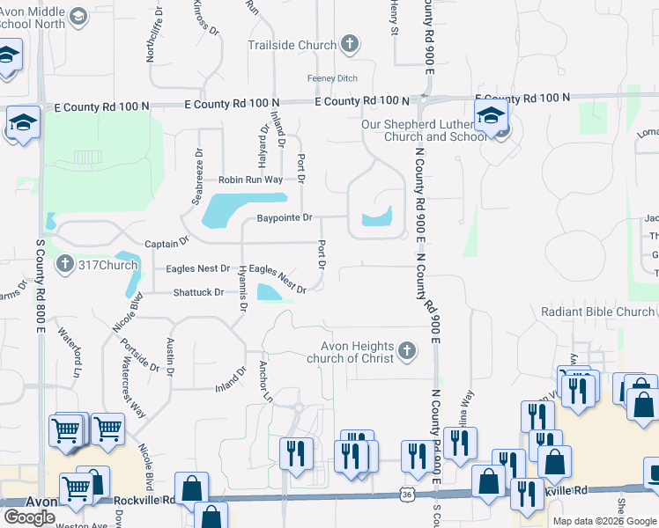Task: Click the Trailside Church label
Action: (292, 45)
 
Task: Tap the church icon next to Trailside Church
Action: (349, 44)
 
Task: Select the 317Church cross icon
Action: (64, 264)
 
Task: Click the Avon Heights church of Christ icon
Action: (406, 351)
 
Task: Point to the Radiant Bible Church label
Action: (598, 312)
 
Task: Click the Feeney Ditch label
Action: (332, 78)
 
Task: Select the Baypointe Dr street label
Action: (285, 217)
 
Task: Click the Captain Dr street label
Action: (167, 241)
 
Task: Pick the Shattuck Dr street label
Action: (198, 291)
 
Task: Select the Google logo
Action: (29, 517)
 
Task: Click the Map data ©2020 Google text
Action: (603, 521)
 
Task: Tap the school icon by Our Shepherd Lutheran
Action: (490, 115)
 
